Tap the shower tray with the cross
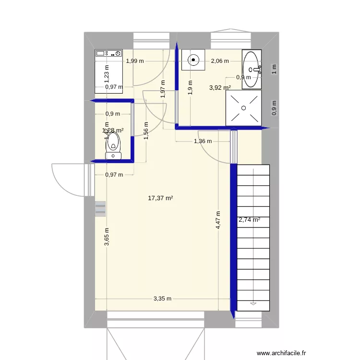(243, 108)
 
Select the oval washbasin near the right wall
(252, 69)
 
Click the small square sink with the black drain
(193, 60)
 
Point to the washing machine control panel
(108, 53)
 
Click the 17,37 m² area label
(161, 197)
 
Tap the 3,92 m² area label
(220, 88)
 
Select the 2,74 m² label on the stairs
(250, 220)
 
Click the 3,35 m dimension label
(162, 299)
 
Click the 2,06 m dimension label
(220, 61)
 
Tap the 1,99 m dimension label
(135, 61)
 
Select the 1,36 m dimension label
(203, 141)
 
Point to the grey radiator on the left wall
(100, 208)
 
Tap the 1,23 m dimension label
(107, 73)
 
